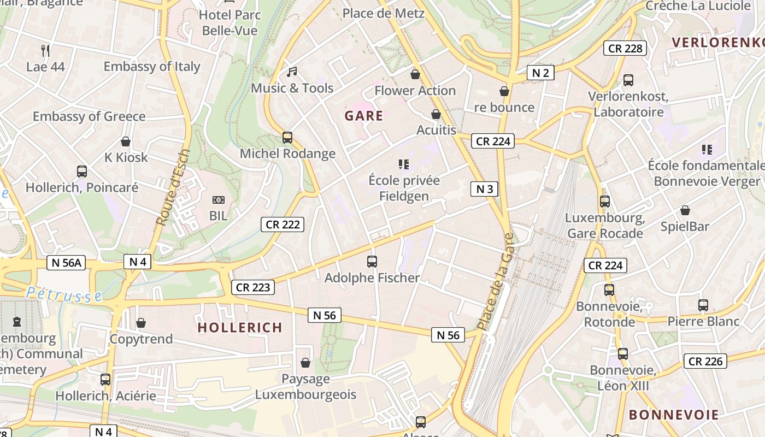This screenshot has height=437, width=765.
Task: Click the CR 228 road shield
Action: point(625,48)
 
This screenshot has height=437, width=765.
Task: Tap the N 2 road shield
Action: point(540,73)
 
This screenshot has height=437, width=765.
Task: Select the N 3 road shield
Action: point(484,189)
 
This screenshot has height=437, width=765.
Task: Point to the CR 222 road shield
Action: point(282,224)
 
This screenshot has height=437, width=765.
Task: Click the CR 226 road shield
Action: point(705,361)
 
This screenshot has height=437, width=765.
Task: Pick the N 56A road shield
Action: point(66,263)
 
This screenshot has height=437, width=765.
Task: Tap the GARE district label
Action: point(364,116)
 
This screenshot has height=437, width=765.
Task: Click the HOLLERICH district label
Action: point(240,328)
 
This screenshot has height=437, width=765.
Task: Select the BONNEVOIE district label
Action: point(674,415)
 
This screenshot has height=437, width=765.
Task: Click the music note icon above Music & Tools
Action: point(292,72)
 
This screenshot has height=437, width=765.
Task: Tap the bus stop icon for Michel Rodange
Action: point(287,138)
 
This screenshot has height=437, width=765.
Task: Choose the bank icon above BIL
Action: point(218,200)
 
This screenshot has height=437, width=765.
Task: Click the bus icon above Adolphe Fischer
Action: point(372,262)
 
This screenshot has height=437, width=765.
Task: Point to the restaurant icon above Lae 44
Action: point(45,51)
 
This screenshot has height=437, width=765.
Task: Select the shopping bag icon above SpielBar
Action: point(685,210)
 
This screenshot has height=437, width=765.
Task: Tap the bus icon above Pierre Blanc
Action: point(703,305)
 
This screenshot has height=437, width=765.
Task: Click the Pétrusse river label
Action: point(63,294)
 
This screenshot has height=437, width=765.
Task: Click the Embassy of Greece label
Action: point(89,116)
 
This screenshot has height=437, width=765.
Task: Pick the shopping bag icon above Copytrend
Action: point(141,323)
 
